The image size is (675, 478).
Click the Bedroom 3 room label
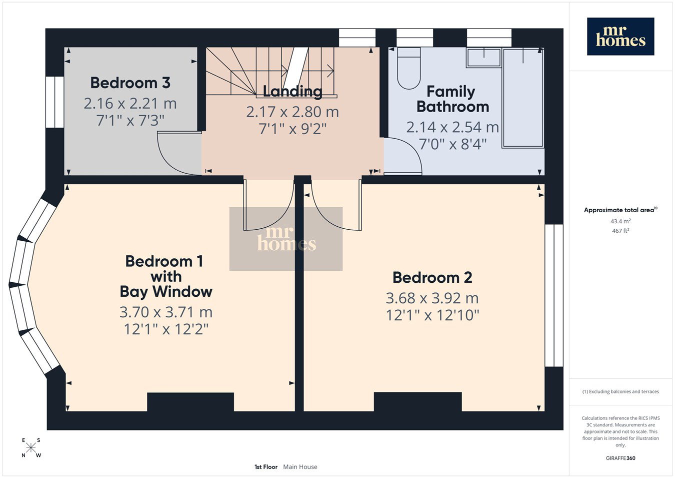130,83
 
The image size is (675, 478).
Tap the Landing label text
292,92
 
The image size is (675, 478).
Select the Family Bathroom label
452,99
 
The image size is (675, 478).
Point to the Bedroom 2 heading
432,277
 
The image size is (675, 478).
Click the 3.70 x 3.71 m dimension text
166,312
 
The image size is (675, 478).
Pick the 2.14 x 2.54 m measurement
452,127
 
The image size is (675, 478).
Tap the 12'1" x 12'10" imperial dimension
432,315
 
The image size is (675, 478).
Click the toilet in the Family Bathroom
408,68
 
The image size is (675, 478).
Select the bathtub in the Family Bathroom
523,98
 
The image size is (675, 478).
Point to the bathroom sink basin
483,57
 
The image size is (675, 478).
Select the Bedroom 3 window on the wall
55,102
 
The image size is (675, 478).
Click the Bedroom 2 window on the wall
554,295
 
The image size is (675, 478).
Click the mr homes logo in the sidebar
620,37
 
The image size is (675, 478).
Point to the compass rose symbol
30,448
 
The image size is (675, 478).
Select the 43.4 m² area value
620,221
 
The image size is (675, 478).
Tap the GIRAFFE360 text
620,458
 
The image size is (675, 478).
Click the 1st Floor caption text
266,467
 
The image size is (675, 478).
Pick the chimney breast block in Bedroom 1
190,402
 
